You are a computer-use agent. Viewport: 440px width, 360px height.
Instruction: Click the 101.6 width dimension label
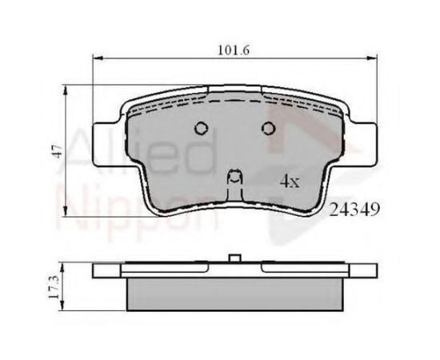pos(234,50)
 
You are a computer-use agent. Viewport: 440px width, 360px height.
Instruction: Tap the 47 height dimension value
pos(58,151)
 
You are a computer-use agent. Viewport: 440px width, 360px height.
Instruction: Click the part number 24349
pos(354,210)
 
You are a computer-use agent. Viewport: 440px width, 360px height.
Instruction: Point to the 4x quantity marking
pos(290,182)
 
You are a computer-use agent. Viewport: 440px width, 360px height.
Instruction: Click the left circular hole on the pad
pos(202,128)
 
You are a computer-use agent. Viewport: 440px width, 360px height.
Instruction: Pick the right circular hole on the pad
pos(268,128)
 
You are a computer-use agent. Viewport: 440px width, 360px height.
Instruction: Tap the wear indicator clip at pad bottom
pos(234,184)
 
